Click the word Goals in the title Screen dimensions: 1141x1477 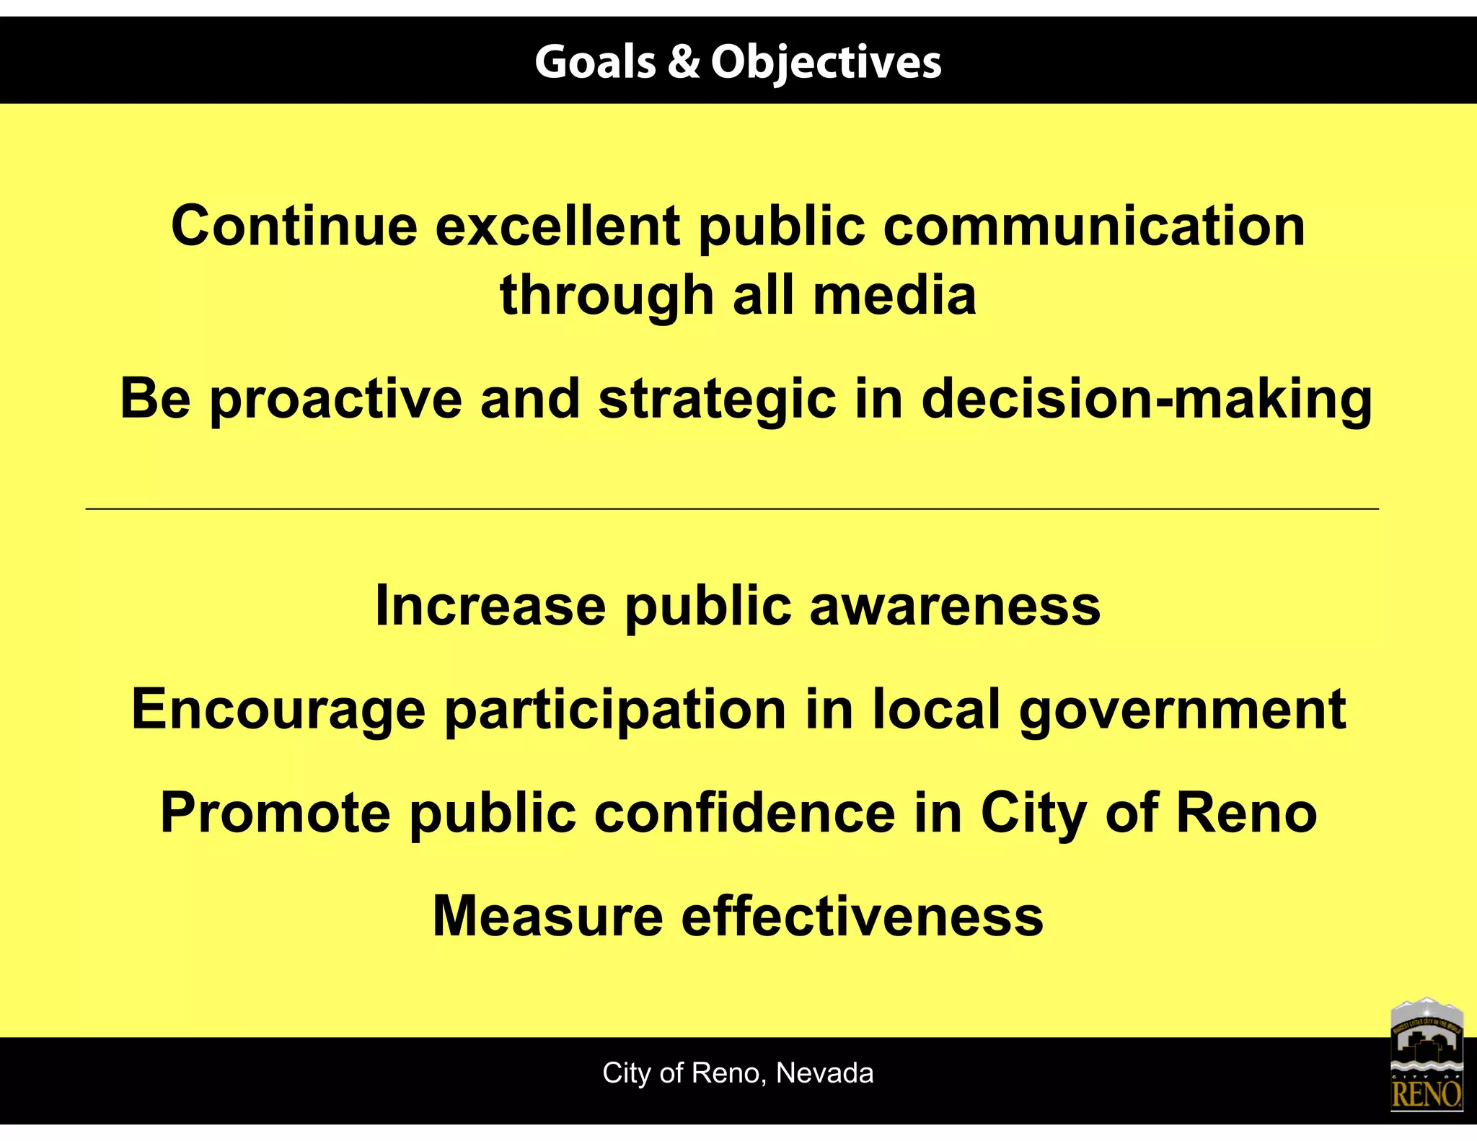click(595, 62)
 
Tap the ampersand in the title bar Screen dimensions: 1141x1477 click(684, 62)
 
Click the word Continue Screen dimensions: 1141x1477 click(294, 226)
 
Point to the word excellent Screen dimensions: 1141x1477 click(557, 226)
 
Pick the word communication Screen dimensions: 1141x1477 click(1094, 226)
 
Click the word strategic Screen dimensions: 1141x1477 click(717, 400)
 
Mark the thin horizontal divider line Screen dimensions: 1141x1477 click(732, 509)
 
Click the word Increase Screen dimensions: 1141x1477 click(490, 606)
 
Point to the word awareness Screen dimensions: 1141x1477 click(955, 606)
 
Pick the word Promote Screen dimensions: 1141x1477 click(275, 814)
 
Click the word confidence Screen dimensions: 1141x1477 click(744, 814)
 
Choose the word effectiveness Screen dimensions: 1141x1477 click(862, 917)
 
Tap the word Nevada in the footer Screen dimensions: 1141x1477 click(824, 1073)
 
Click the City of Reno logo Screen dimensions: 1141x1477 click(1426, 1054)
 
